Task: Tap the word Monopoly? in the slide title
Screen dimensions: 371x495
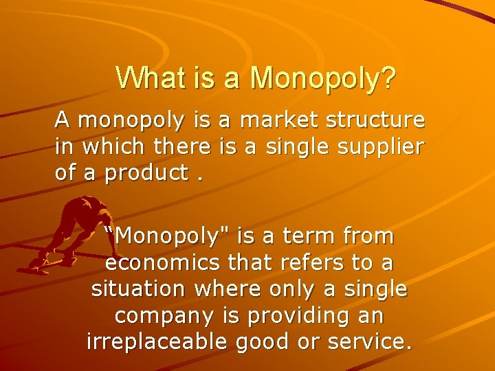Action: pos(323,79)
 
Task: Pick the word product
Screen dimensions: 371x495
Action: pos(146,173)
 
